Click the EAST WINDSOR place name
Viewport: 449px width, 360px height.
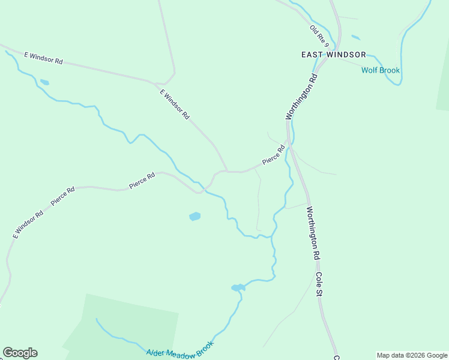pyautogui.click(x=333, y=55)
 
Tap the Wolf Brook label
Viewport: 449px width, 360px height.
pyautogui.click(x=380, y=70)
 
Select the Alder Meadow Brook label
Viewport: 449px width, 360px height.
pyautogui.click(x=180, y=349)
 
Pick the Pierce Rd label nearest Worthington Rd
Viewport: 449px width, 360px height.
pyautogui.click(x=273, y=155)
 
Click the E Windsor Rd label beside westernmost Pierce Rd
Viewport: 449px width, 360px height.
pyautogui.click(x=28, y=224)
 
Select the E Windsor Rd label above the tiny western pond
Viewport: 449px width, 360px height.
pyautogui.click(x=43, y=58)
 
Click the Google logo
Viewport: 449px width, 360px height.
pyautogui.click(x=20, y=353)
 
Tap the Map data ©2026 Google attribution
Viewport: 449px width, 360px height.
pyautogui.click(x=412, y=355)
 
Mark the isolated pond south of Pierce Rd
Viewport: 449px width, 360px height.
pyautogui.click(x=194, y=216)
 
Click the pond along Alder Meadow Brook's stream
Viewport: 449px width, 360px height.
pyautogui.click(x=238, y=288)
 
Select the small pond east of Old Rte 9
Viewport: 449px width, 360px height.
pyautogui.click(x=355, y=37)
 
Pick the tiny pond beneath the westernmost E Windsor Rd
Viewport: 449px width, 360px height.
pyautogui.click(x=44, y=82)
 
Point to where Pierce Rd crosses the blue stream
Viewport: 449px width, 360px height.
pyautogui.click(x=205, y=189)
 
